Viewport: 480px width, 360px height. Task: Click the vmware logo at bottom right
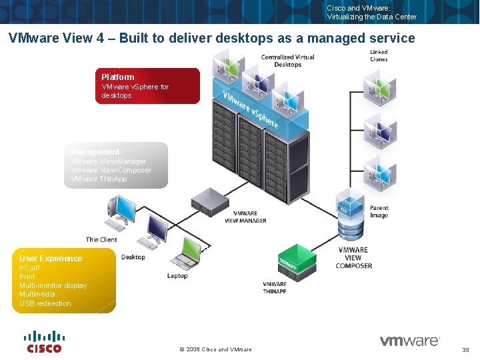(409, 341)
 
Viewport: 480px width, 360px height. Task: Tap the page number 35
(465, 350)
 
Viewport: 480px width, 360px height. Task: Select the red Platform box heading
(118, 77)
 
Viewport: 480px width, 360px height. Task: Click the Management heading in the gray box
(95, 152)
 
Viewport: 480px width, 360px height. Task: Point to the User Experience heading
(51, 259)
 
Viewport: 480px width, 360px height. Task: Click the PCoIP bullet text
(29, 268)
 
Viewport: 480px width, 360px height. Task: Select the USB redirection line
(45, 303)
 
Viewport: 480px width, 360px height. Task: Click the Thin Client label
(101, 239)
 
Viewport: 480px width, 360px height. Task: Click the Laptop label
(177, 275)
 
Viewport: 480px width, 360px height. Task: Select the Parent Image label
(379, 211)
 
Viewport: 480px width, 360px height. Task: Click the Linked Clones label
(379, 55)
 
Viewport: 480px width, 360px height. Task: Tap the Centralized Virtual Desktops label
(287, 61)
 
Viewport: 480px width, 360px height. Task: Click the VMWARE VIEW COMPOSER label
(353, 258)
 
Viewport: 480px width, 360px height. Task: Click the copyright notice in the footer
(216, 349)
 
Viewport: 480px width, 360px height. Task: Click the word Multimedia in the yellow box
(37, 294)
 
